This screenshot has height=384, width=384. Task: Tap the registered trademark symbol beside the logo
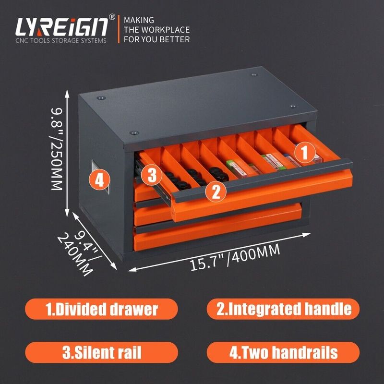112,18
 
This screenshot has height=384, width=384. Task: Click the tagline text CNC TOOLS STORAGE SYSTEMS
61,40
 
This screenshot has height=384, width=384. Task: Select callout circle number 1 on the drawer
304,153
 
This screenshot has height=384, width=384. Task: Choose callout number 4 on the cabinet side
99,180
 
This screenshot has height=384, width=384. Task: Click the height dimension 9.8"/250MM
58,149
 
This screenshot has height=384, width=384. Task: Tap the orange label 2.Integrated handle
283,309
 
